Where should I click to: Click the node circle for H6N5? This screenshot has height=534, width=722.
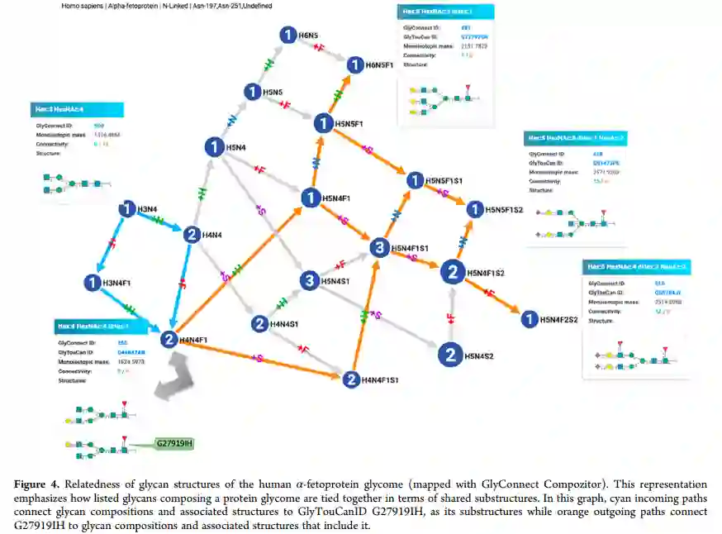287,35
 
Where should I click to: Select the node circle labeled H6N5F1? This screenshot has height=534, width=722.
355,65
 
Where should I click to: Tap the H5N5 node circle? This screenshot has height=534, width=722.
253,92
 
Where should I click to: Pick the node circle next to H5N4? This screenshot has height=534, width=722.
214,148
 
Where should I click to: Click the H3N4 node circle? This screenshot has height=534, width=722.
126,209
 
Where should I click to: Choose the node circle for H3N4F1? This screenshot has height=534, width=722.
92,284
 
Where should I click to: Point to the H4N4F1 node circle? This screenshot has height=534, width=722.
169,339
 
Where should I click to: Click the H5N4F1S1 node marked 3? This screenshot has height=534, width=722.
378,247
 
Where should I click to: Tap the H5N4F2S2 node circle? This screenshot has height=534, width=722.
527,318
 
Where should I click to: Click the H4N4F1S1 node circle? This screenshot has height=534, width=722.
350,379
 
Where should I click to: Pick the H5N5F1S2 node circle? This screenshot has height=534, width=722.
474,210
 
